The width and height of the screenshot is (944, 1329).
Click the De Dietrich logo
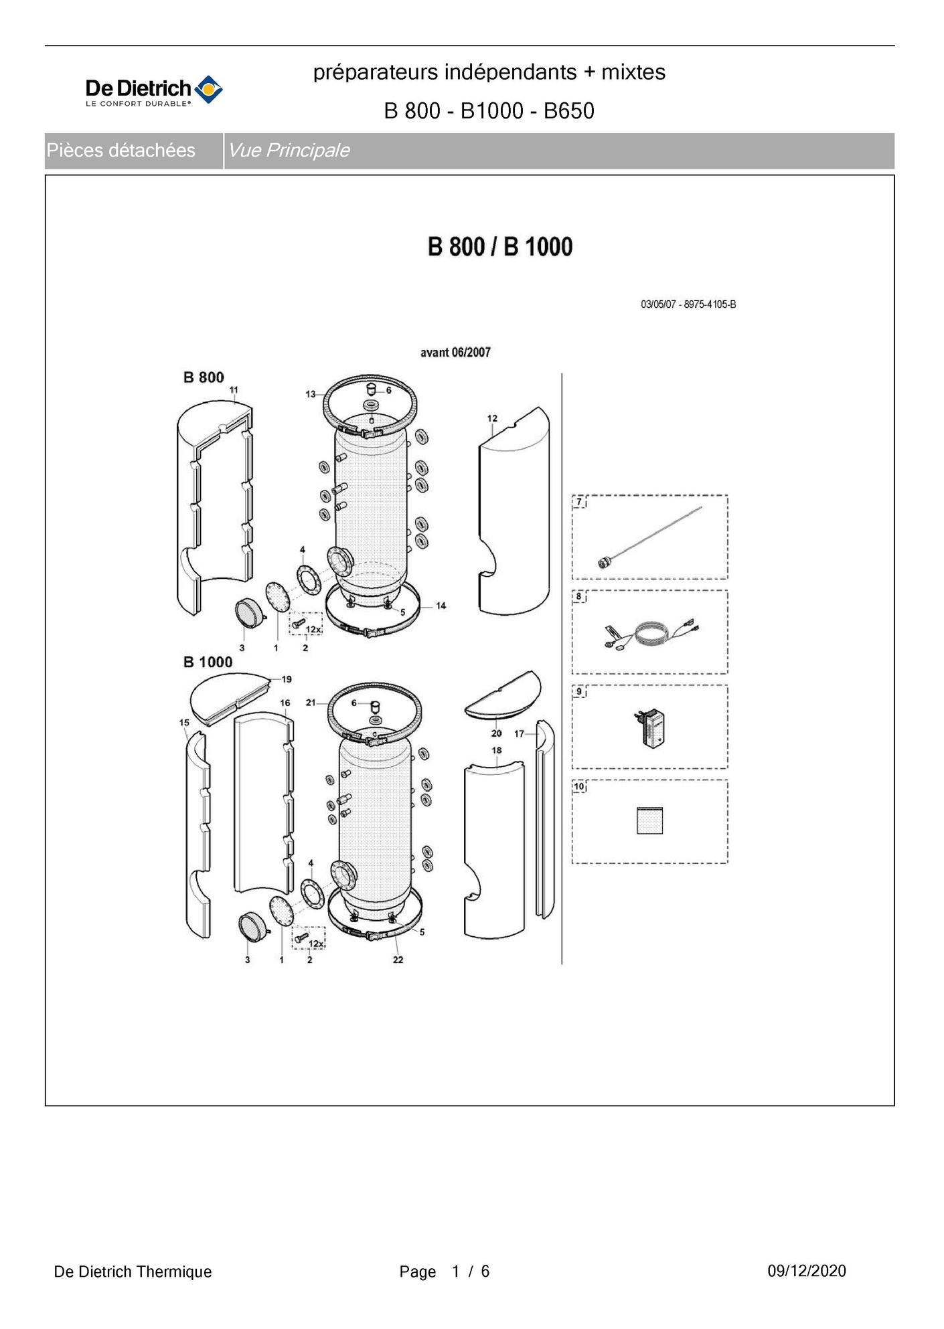tap(154, 90)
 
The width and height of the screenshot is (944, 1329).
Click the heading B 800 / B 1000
tap(500, 247)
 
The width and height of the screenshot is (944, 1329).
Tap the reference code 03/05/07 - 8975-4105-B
tap(688, 304)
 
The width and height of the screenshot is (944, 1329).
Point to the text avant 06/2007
tap(455, 352)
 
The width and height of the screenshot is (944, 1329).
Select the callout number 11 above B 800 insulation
tap(234, 389)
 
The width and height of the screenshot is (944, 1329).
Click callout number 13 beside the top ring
tap(311, 394)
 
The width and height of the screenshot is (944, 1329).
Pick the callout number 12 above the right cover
tap(492, 418)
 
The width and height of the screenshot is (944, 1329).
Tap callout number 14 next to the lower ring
tap(441, 606)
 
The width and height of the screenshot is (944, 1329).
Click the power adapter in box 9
tap(649, 729)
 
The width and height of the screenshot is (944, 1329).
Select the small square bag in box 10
tap(649, 820)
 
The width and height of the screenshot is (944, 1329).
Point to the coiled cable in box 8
tap(649, 633)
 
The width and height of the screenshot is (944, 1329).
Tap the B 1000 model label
tap(208, 662)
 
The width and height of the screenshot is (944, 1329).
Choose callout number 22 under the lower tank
tap(398, 960)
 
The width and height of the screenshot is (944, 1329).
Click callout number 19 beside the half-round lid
tap(287, 679)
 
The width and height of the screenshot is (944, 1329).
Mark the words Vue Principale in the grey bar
tap(289, 151)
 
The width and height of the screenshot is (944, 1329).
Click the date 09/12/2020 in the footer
tap(807, 1271)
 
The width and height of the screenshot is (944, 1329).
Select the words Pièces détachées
tap(121, 151)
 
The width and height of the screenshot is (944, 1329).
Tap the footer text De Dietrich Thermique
tap(133, 1271)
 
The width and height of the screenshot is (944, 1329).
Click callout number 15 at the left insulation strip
tap(184, 722)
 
